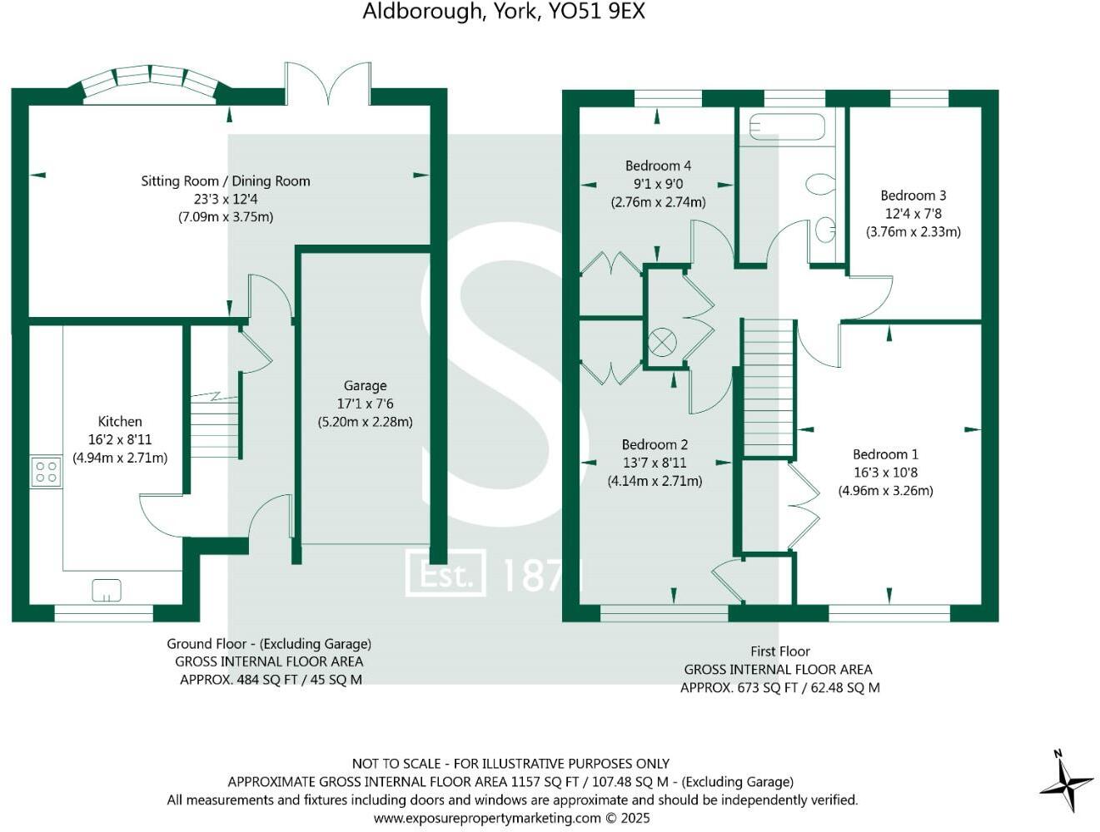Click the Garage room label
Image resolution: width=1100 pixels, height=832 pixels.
365,385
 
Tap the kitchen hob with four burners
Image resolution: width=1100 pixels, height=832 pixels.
46,471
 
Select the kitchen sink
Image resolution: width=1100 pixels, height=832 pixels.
107,590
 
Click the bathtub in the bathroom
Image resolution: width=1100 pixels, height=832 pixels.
787,126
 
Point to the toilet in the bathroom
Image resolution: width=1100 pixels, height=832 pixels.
820,184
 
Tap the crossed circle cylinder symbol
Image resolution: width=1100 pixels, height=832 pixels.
662,343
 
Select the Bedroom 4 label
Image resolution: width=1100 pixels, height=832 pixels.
658,166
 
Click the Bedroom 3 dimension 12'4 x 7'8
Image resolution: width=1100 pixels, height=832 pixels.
913,214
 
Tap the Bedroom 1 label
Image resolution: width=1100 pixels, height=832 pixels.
885,454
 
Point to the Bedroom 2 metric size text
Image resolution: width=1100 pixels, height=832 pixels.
655,481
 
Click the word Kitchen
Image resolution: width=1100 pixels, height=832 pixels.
120,421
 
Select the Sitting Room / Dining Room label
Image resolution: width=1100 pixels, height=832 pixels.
226,181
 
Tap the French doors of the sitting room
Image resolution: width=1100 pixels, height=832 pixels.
328,83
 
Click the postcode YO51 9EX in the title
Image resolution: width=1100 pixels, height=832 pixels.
597,11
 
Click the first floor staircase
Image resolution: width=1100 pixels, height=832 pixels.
769,388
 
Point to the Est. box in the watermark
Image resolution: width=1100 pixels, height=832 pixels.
445,573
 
